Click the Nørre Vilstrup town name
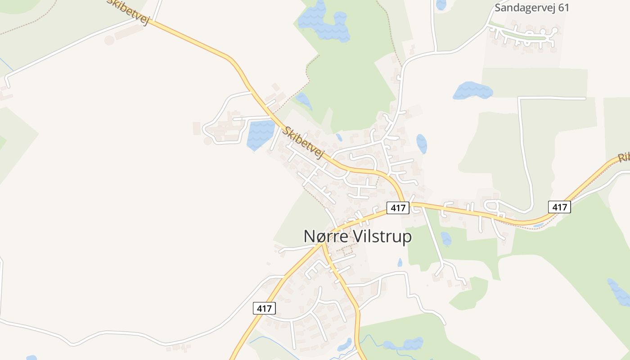pyautogui.click(x=358, y=236)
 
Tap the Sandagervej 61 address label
pyautogui.click(x=532, y=8)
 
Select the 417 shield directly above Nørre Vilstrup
pyautogui.click(x=398, y=208)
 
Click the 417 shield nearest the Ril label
pyautogui.click(x=559, y=207)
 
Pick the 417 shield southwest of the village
pyautogui.click(x=264, y=308)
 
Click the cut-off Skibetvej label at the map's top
pyautogui.click(x=129, y=12)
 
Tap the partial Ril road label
pyautogui.click(x=623, y=157)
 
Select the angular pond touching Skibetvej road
pyautogui.click(x=260, y=134)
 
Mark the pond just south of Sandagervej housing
pyautogui.click(x=472, y=91)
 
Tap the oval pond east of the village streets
pyautogui.click(x=422, y=144)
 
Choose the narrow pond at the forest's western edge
pyautogui.click(x=304, y=100)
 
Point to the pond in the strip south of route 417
pyautogui.click(x=445, y=238)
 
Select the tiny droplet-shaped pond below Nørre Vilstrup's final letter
pyautogui.click(x=400, y=262)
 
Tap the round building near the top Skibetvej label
pyautogui.click(x=109, y=40)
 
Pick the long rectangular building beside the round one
pyautogui.click(x=129, y=32)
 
